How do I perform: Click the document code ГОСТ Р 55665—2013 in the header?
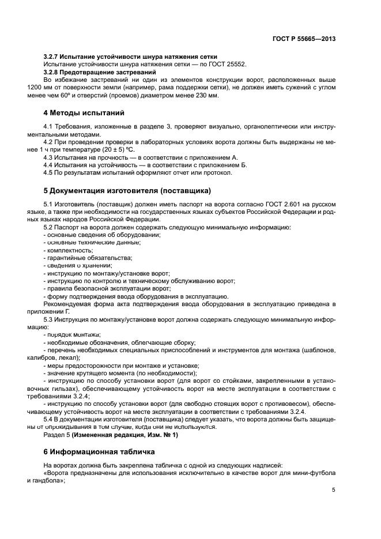[304, 39]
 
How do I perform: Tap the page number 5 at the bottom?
[334, 490]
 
